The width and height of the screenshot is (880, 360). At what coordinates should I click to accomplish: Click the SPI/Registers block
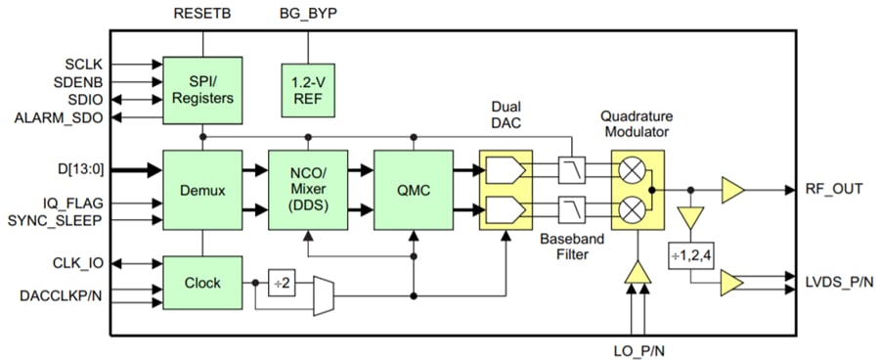[202, 90]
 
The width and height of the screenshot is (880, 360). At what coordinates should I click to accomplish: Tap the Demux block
[202, 188]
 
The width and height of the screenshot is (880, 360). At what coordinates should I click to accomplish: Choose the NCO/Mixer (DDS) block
[307, 188]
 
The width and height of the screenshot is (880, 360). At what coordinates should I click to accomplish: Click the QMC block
[413, 188]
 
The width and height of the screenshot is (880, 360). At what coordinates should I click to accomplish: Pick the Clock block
[202, 283]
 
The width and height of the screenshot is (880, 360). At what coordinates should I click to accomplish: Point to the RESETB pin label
[203, 14]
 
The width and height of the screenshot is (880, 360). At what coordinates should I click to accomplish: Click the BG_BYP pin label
[308, 14]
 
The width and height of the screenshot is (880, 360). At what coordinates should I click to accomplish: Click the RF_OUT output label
[834, 189]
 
